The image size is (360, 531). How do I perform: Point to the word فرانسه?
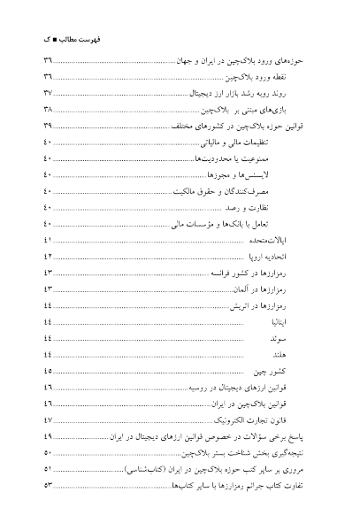(x=225, y=273)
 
